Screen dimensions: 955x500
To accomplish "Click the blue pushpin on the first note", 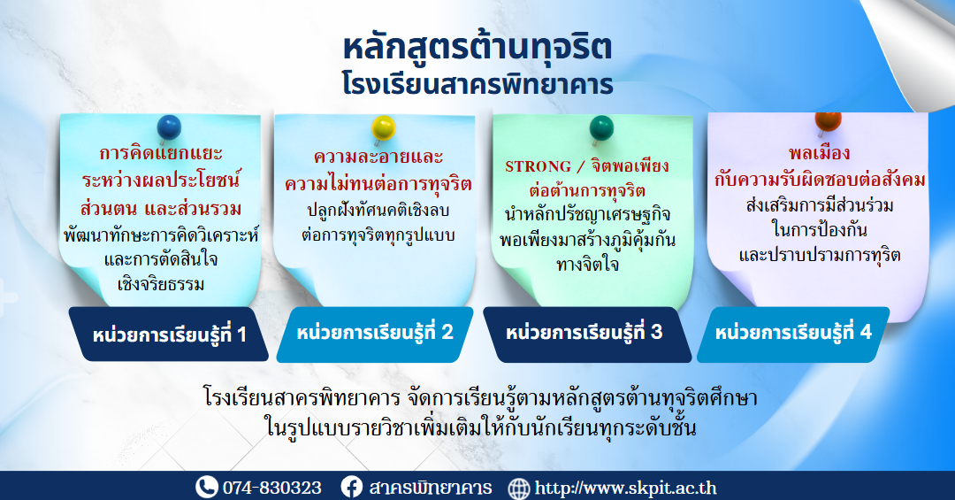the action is pyautogui.click(x=169, y=128).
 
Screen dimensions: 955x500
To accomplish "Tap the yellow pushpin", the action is pyautogui.click(x=383, y=128).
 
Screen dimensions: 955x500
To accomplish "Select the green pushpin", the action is pyautogui.click(x=601, y=128).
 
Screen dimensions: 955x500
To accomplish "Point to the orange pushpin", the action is pyautogui.click(x=828, y=123).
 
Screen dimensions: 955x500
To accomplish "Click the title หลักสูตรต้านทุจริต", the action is pyautogui.click(x=477, y=48).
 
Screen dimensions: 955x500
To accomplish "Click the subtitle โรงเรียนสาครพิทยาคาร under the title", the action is pyautogui.click(x=477, y=84).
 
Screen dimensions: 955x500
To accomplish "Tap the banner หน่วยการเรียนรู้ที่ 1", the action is pyautogui.click(x=169, y=335).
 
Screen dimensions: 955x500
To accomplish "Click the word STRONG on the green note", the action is pyautogui.click(x=538, y=166).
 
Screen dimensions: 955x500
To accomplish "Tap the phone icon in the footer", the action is pyautogui.click(x=206, y=488).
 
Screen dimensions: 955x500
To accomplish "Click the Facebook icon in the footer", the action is pyautogui.click(x=351, y=488).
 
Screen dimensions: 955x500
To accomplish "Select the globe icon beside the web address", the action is pyautogui.click(x=519, y=488).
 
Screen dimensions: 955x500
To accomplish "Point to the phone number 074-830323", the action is pyautogui.click(x=271, y=488).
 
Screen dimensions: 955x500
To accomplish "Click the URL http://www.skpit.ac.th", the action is pyautogui.click(x=625, y=488).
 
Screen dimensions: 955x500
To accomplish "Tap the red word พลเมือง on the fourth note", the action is pyautogui.click(x=819, y=153).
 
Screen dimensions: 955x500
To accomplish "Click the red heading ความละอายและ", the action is pyautogui.click(x=378, y=158).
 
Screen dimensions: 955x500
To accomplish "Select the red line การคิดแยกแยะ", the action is pyautogui.click(x=161, y=152).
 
